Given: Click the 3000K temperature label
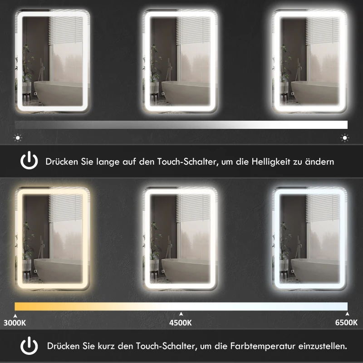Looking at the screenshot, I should click(15, 323).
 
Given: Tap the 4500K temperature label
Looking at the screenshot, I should click(181, 323).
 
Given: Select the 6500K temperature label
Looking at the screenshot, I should click(346, 323).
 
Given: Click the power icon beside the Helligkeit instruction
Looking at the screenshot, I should click(29, 161).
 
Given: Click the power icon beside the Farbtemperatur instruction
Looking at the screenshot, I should click(29, 346).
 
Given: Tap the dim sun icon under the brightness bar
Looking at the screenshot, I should click(18, 137).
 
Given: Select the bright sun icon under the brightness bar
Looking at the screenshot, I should click(345, 137).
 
